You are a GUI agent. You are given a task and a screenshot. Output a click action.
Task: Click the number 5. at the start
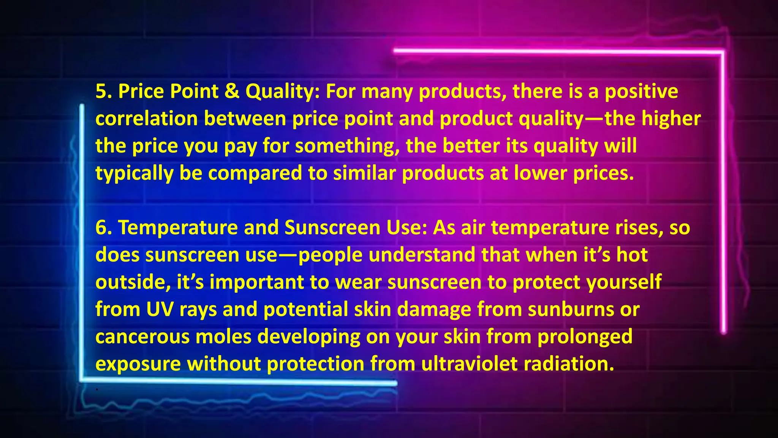[103, 92]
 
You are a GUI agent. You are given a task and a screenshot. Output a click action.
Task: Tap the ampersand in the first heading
[232, 92]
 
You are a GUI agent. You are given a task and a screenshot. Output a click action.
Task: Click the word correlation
[146, 119]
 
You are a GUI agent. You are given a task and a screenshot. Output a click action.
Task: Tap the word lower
[541, 173]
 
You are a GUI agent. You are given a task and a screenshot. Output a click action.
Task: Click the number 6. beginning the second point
[103, 228]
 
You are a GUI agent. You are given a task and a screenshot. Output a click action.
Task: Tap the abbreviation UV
[160, 309]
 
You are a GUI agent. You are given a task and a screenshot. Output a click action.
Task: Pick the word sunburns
[571, 309]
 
